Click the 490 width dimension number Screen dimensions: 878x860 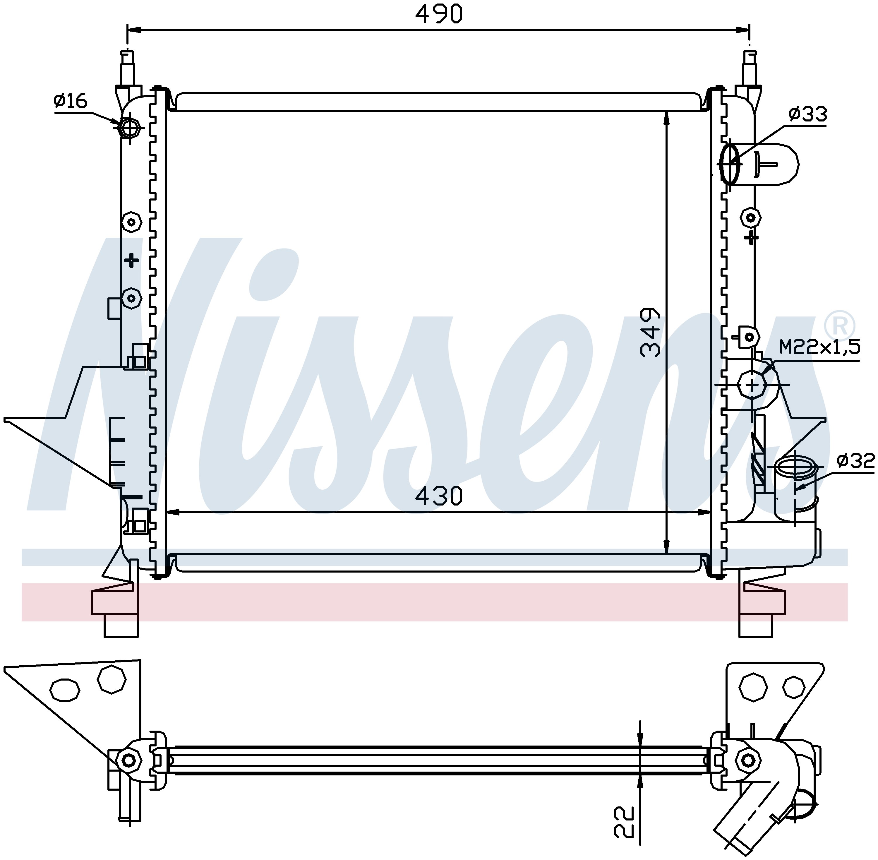[x=439, y=14]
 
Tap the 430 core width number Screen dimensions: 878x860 [x=439, y=496]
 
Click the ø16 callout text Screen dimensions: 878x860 [x=71, y=100]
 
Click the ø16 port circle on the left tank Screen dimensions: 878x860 [x=129, y=128]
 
